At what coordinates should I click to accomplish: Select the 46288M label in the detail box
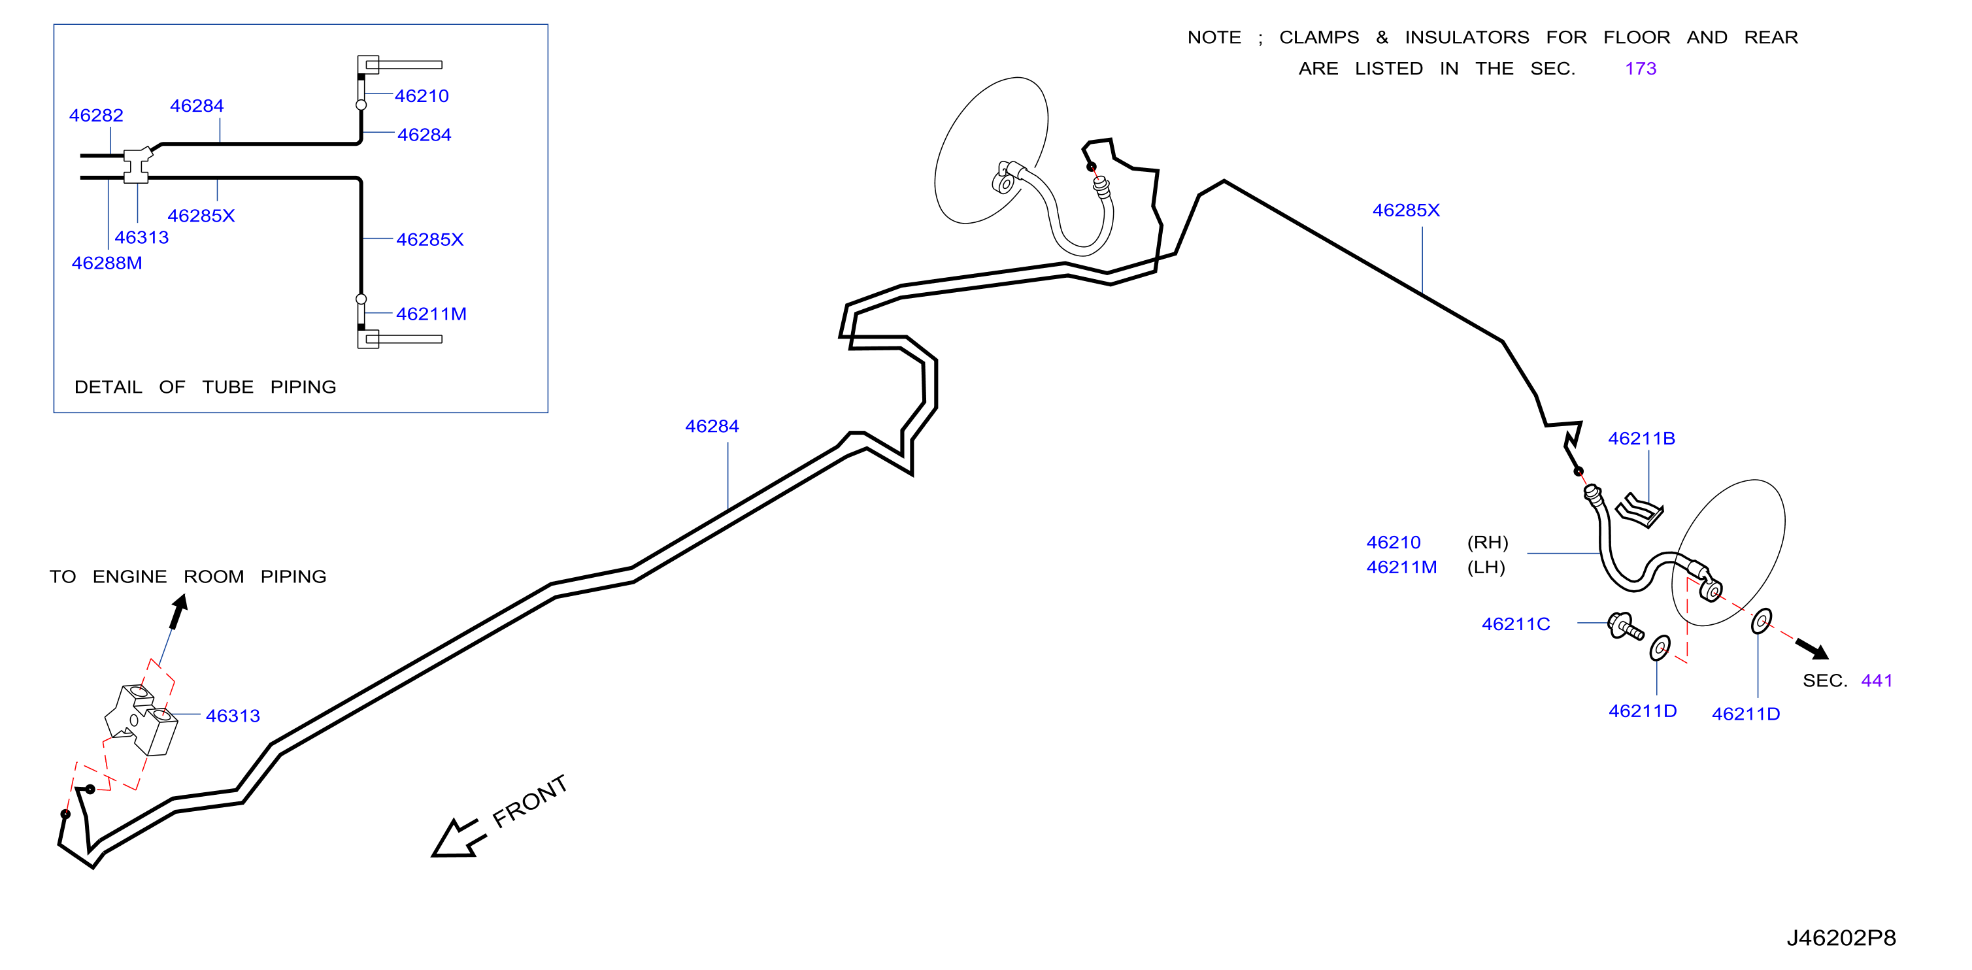tap(107, 263)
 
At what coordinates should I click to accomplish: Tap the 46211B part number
tap(1641, 439)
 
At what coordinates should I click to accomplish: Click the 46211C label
tap(1516, 625)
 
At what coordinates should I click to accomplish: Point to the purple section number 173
tap(1641, 69)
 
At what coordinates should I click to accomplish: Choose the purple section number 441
tap(1877, 680)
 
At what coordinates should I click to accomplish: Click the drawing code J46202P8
tap(1841, 938)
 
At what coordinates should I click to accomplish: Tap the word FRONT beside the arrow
tap(529, 801)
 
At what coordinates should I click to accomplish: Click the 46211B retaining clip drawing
tap(1639, 510)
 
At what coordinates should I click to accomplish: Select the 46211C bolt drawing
tap(1624, 626)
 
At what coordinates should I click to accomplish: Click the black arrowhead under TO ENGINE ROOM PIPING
tap(179, 612)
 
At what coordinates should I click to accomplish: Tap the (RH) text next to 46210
tap(1488, 543)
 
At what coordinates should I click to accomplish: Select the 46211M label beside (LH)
tap(1401, 568)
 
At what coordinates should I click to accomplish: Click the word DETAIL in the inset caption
tap(108, 388)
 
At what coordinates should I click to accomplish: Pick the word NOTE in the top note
tap(1214, 37)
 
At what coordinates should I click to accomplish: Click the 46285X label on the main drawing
tap(1405, 210)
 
